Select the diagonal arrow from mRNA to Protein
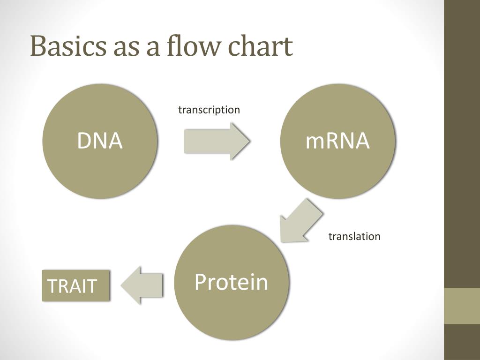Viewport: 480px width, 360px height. pyautogui.click(x=300, y=220)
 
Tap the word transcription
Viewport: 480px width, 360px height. pyautogui.click(x=209, y=110)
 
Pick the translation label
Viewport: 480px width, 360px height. pyautogui.click(x=354, y=236)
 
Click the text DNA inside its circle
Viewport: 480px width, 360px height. pyautogui.click(x=100, y=141)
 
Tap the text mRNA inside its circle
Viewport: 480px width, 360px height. pyautogui.click(x=337, y=141)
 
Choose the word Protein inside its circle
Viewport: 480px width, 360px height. pyautogui.click(x=232, y=282)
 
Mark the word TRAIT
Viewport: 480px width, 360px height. pyautogui.click(x=72, y=285)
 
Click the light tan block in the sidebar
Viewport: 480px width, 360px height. pyautogui.click(x=462, y=306)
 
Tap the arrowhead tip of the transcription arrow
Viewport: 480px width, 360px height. pyautogui.click(x=248, y=141)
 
